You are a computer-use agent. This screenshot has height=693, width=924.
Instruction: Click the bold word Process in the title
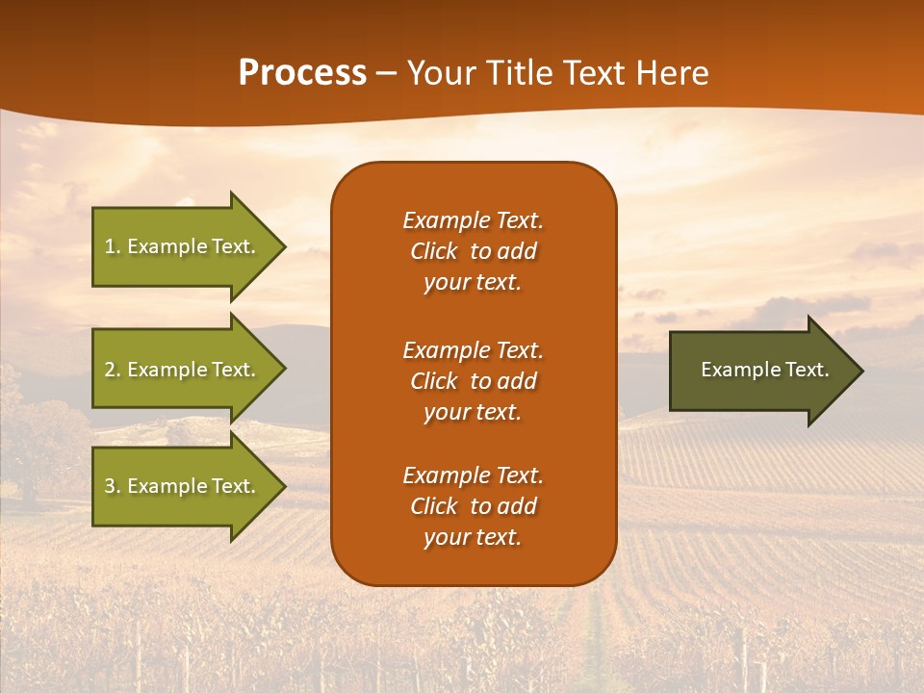tap(302, 73)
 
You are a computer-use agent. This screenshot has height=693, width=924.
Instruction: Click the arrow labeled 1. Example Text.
tap(180, 246)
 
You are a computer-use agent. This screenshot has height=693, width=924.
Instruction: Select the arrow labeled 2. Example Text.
tap(180, 370)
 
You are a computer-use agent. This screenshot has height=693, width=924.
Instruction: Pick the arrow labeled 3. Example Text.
tap(180, 486)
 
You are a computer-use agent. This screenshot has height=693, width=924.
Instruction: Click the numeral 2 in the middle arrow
tap(109, 370)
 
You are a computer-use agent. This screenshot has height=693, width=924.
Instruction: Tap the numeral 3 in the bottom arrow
tap(109, 486)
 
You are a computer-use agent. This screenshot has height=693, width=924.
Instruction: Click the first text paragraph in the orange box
tap(473, 251)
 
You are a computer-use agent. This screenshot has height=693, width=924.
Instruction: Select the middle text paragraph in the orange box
tap(473, 381)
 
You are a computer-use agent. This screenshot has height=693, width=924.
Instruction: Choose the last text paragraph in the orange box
tap(473, 506)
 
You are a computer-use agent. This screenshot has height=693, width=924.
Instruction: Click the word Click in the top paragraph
tap(434, 251)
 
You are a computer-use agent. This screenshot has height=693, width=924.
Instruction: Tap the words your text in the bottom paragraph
tap(473, 537)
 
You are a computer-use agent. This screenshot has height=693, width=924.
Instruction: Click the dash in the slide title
tap(386, 74)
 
